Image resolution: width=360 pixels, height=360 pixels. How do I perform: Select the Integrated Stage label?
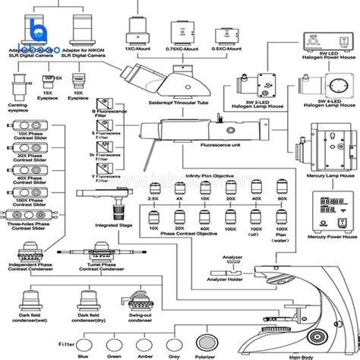click(x=112, y=225)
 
